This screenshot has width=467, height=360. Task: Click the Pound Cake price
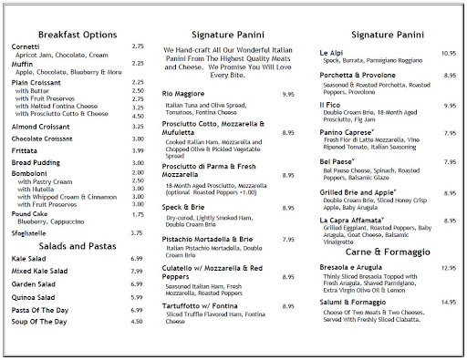(139, 214)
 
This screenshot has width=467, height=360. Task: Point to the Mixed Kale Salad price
(139, 272)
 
